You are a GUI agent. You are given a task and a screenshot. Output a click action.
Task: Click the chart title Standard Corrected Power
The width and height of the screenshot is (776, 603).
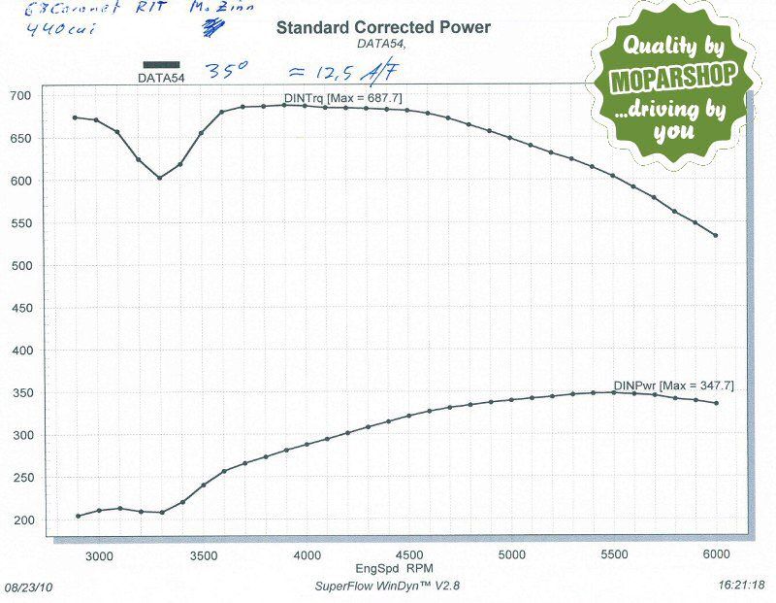click(383, 27)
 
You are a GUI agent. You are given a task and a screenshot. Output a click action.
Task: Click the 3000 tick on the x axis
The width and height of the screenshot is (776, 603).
click(100, 553)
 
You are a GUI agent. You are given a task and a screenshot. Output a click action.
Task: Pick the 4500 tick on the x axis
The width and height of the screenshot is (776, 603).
click(407, 553)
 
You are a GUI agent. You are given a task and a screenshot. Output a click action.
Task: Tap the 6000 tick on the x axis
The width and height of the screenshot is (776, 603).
click(715, 553)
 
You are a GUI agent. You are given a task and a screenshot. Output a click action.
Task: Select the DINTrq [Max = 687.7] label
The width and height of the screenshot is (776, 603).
click(343, 98)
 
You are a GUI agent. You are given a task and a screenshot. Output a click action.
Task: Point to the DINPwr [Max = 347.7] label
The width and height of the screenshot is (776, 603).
click(673, 385)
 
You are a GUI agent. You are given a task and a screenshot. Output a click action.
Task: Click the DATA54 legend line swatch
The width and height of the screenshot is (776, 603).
click(161, 64)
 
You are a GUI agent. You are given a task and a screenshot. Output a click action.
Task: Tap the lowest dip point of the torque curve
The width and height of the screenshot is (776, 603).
click(160, 178)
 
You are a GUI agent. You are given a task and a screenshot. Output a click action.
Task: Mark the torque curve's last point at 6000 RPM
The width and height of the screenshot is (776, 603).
click(716, 235)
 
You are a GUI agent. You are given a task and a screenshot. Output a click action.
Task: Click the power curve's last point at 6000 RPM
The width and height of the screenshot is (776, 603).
click(716, 403)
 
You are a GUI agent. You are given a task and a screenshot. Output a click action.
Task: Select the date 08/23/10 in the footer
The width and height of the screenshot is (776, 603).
click(28, 587)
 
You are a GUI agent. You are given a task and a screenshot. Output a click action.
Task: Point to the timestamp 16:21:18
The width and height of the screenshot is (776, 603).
click(744, 586)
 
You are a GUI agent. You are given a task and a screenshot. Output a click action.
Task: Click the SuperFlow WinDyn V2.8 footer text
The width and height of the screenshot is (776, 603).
click(379, 586)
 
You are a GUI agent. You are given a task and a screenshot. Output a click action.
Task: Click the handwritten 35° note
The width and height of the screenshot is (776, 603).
click(227, 71)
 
